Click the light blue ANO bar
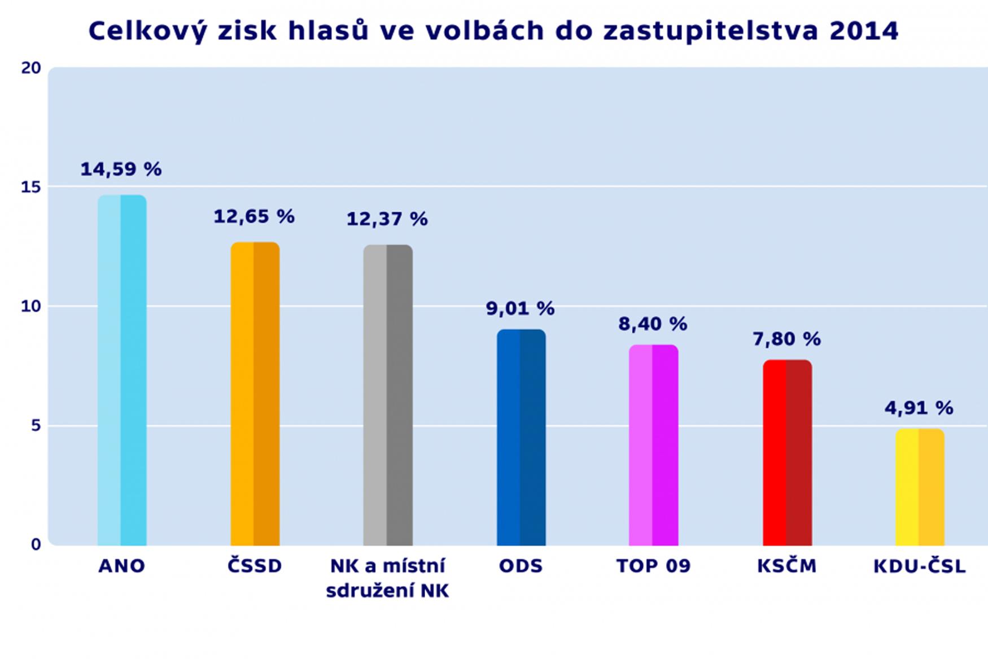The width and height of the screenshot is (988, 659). point(122,370)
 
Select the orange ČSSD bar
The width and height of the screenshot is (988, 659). point(255,394)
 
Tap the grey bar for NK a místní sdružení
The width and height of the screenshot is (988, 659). point(388,395)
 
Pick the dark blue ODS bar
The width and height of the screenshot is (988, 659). point(521,437)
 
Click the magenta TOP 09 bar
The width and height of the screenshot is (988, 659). point(653,445)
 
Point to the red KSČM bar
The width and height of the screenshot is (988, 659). point(787,452)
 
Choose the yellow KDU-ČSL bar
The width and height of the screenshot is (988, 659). point(920,487)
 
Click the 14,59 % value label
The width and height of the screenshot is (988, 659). point(121,169)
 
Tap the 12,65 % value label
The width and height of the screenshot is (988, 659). point(254,216)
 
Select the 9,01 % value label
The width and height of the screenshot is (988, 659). point(521,308)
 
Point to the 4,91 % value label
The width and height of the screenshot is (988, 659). point(919,408)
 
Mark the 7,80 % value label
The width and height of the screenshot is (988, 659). point(786,339)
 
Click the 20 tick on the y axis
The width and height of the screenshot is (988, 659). point(31,68)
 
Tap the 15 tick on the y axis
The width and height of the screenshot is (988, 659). point(31,187)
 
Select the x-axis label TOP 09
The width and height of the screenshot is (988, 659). point(653,566)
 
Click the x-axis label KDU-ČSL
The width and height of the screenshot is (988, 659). point(919,566)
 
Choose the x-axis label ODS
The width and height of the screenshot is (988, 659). point(521,566)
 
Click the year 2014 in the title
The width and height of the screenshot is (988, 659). point(864,31)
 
